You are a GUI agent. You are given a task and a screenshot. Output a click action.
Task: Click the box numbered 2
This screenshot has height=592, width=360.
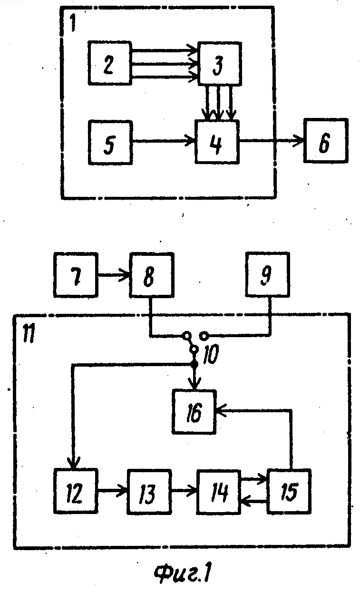pyautogui.click(x=110, y=63)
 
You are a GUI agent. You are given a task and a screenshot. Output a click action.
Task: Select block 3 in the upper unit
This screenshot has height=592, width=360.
pyautogui.click(x=220, y=64)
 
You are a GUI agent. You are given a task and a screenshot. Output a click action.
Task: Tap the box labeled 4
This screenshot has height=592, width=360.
pyautogui.click(x=217, y=142)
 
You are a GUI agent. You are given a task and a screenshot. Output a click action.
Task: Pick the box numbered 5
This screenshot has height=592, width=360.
pyautogui.click(x=110, y=143)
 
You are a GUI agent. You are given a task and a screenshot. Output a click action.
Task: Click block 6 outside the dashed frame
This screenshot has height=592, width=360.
pyautogui.click(x=325, y=140)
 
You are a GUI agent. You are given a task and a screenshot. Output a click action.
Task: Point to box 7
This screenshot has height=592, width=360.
pyautogui.click(x=76, y=275)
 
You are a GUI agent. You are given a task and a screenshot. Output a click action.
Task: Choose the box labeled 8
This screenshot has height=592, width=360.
pyautogui.click(x=152, y=275)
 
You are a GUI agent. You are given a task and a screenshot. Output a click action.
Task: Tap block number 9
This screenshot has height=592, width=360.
pyautogui.click(x=267, y=274)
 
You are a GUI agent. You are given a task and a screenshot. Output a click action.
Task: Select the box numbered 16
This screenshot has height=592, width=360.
pyautogui.click(x=194, y=412)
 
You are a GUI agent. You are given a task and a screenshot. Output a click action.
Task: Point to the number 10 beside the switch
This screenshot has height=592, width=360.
pyautogui.click(x=211, y=354)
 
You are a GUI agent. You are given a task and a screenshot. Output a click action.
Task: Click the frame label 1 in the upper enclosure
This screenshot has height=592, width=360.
pyautogui.click(x=72, y=23)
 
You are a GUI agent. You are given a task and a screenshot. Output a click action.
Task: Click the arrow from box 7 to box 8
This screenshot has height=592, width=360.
pyautogui.click(x=114, y=275)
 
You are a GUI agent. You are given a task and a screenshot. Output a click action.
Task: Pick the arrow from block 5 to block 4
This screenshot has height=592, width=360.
pyautogui.click(x=164, y=142)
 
